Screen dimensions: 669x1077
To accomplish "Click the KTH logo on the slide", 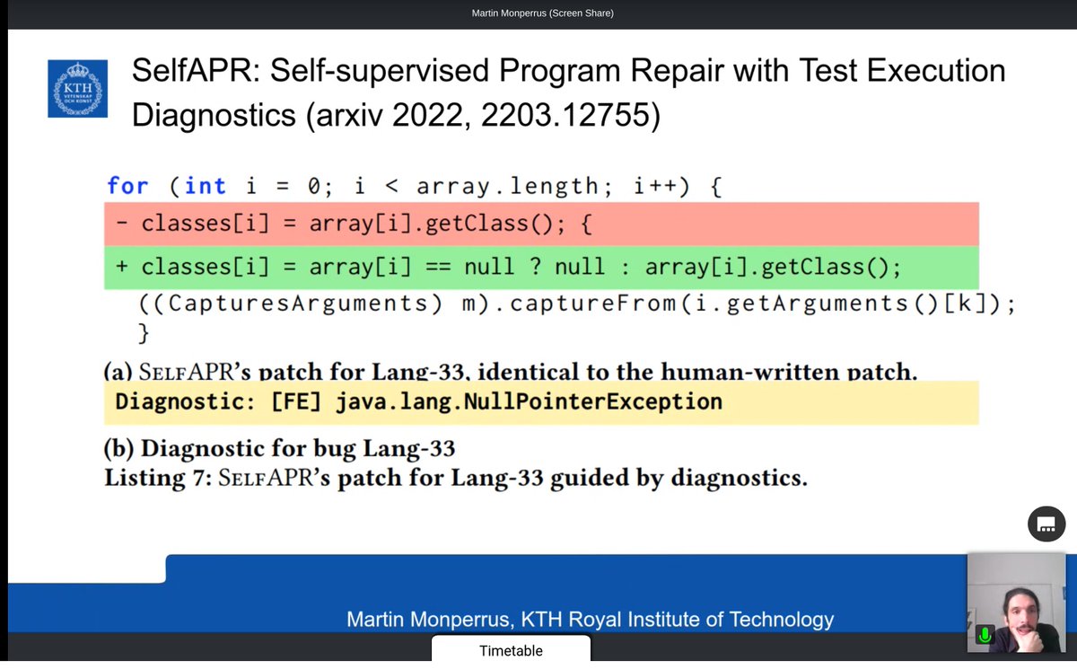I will pyautogui.click(x=77, y=88).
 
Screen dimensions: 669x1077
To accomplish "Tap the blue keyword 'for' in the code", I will pyautogui.click(x=127, y=186).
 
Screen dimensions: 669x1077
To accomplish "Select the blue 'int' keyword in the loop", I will pyautogui.click(x=206, y=186).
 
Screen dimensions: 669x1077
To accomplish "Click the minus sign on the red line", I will pyautogui.click(x=121, y=224).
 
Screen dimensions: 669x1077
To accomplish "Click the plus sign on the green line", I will pyautogui.click(x=121, y=267).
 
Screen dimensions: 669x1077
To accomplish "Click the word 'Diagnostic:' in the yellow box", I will pyautogui.click(x=185, y=401).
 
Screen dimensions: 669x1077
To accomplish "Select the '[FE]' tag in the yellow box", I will pyautogui.click(x=297, y=401).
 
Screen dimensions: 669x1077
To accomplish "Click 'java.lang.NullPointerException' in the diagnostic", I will pyautogui.click(x=529, y=401).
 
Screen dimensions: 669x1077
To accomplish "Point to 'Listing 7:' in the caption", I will pyautogui.click(x=153, y=478).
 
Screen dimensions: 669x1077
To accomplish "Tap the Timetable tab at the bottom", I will pyautogui.click(x=511, y=650).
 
